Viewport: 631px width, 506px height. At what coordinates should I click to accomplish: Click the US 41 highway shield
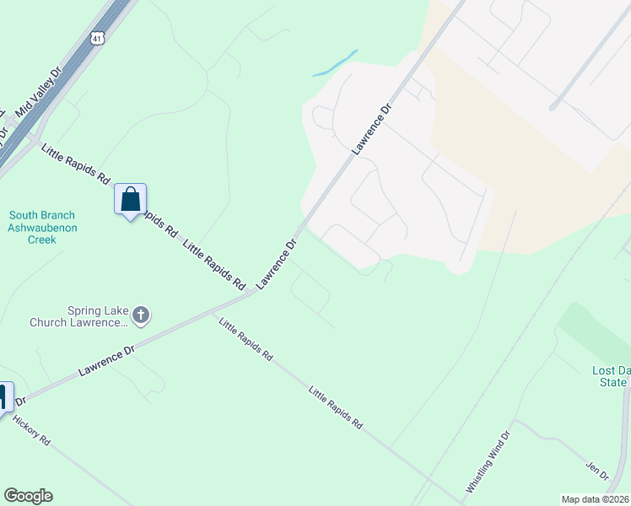pyautogui.click(x=100, y=39)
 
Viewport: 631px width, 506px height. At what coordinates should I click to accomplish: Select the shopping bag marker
pyautogui.click(x=131, y=201)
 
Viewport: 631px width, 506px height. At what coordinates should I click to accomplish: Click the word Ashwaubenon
pyautogui.click(x=42, y=228)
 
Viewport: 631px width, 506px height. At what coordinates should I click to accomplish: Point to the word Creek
pyautogui.click(x=42, y=240)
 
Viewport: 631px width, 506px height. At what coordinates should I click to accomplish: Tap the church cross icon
pyautogui.click(x=141, y=315)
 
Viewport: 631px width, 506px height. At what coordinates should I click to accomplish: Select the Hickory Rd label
pyautogui.click(x=31, y=430)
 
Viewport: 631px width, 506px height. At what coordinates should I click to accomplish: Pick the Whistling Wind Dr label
pyautogui.click(x=488, y=462)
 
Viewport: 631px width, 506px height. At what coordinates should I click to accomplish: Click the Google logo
pyautogui.click(x=28, y=496)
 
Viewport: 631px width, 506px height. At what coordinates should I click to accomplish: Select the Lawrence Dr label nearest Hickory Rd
pyautogui.click(x=106, y=359)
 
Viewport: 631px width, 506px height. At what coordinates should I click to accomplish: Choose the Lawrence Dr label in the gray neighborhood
pyautogui.click(x=372, y=128)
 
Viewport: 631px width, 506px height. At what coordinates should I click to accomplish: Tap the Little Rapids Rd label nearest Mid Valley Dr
pyautogui.click(x=75, y=165)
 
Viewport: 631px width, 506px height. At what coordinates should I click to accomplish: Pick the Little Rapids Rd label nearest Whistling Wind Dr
pyautogui.click(x=335, y=407)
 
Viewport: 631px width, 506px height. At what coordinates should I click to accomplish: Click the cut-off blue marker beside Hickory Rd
pyautogui.click(x=4, y=396)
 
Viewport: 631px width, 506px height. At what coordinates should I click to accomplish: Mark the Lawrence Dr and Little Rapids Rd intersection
pyautogui.click(x=255, y=292)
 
